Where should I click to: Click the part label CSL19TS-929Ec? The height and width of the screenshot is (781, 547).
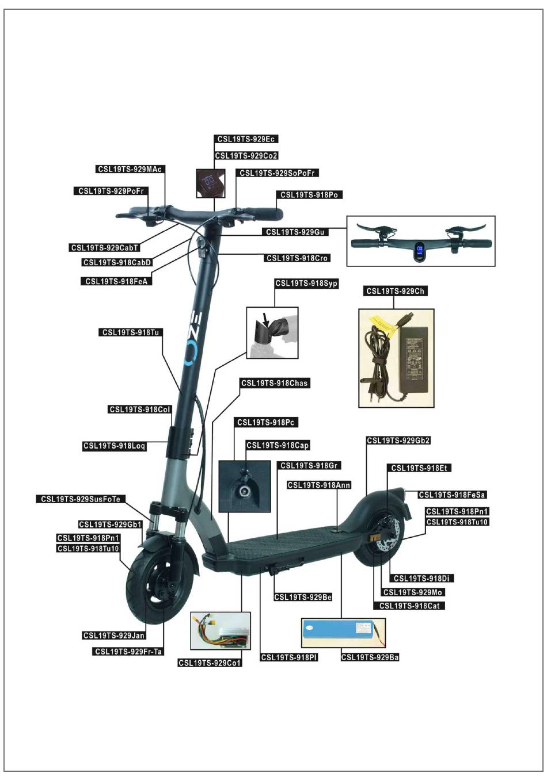click(x=246, y=139)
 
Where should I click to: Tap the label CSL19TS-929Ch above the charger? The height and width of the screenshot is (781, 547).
click(x=395, y=291)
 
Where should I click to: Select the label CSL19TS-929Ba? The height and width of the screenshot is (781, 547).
click(x=370, y=657)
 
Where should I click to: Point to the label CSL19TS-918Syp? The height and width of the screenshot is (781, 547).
click(x=306, y=284)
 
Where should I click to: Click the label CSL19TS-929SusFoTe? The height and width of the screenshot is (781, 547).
click(x=81, y=499)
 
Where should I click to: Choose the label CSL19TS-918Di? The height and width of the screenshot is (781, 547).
click(x=421, y=579)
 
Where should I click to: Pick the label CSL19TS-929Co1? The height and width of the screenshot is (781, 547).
click(x=210, y=663)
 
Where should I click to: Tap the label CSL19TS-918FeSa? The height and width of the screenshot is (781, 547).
click(x=452, y=495)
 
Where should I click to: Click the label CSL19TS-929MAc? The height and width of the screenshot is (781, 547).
click(x=130, y=169)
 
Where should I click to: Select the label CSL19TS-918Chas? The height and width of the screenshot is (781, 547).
click(x=274, y=383)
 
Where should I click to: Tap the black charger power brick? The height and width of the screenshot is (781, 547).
click(x=413, y=359)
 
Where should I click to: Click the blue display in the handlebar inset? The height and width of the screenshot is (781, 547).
click(x=420, y=251)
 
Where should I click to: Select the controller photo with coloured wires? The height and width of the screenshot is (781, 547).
click(x=221, y=631)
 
